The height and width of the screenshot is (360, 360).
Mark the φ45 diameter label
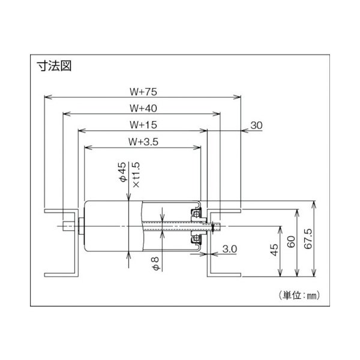122,172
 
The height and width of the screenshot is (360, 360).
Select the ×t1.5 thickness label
136,175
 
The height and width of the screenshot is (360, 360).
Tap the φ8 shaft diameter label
155,262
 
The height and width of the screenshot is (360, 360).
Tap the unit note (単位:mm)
300,294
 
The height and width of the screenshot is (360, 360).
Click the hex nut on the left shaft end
78,226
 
